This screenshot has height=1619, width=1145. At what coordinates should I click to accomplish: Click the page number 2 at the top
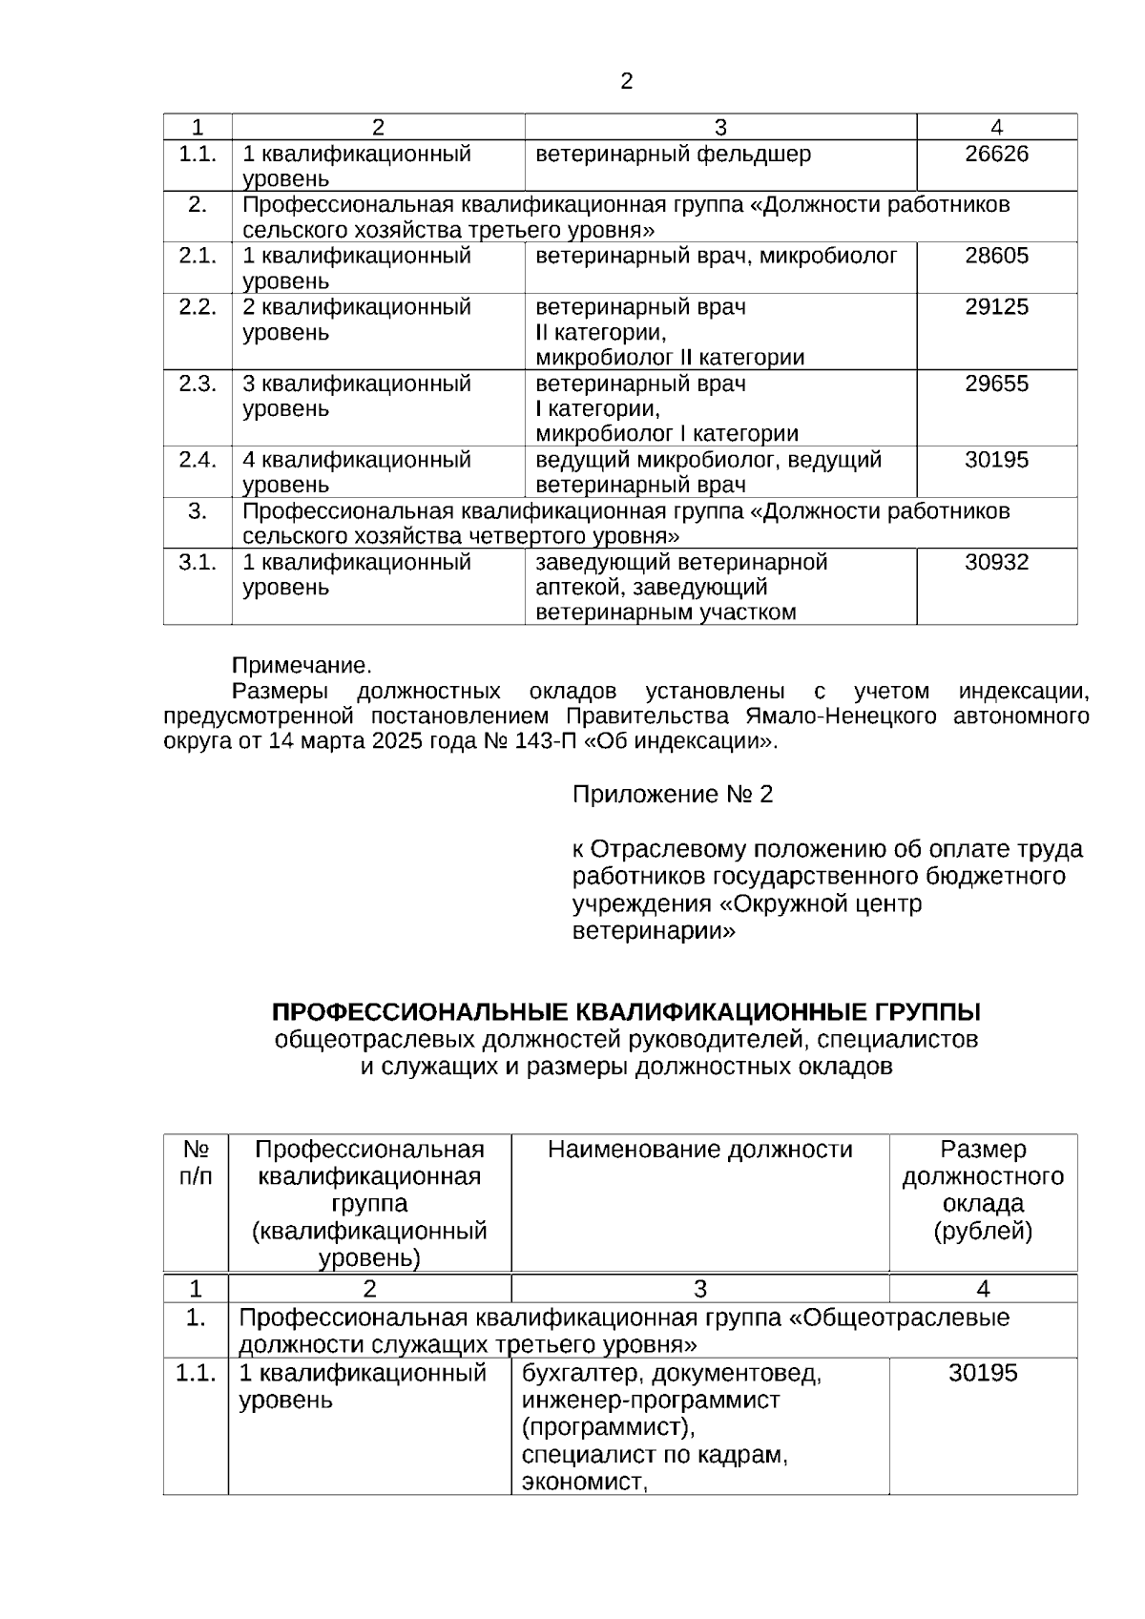coord(626,82)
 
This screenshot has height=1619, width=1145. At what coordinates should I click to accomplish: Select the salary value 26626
coord(996,154)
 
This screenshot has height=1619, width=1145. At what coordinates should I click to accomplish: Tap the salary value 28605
coord(996,256)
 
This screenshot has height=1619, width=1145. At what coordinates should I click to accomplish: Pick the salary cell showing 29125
coord(996,307)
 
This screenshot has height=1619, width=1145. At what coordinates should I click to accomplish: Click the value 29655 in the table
coord(996,384)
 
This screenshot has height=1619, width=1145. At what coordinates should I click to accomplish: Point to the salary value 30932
coord(996,562)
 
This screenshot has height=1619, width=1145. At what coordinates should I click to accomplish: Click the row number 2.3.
coord(198,384)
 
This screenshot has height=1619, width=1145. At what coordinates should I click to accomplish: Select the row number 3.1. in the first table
coord(198,562)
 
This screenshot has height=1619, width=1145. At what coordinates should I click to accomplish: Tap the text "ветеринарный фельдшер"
coord(673,154)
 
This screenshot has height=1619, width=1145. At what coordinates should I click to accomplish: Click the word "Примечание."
coord(302,665)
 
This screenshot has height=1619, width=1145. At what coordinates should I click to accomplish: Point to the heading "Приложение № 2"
coord(672,795)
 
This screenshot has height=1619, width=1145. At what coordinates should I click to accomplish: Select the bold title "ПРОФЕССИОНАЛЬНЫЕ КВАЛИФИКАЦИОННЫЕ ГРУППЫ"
coord(626,1011)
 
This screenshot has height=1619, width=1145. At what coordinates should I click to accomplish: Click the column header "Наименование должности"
coord(699,1150)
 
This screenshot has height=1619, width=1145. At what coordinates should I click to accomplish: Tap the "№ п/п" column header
coord(196,1162)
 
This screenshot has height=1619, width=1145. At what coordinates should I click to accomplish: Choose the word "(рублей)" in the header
coord(982,1232)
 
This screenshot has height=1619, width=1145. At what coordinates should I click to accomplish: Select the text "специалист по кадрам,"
coord(655,1455)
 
